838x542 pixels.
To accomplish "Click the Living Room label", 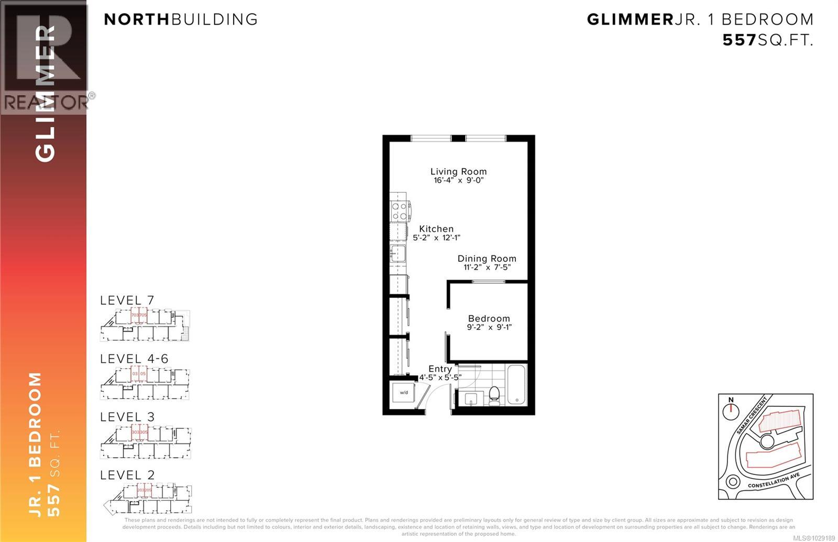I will [458, 171].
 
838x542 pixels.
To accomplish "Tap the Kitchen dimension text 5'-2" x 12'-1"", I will [436, 238].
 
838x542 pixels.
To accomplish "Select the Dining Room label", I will [487, 259].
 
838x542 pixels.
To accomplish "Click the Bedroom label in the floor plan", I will [489, 318].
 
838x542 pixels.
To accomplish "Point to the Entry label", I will [440, 369].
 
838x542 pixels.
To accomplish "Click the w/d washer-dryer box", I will [404, 392].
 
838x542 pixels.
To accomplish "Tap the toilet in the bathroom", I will [494, 395].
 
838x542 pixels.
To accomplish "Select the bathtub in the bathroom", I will [516, 385].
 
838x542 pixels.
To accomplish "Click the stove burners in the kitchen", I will [400, 211].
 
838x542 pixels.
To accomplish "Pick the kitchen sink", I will [398, 253].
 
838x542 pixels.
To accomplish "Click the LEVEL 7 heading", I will [127, 301].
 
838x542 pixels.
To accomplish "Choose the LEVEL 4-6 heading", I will [134, 359].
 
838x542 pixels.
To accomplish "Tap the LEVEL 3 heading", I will [127, 417].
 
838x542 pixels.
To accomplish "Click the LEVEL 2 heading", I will [127, 475].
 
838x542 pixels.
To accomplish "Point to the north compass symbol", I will [731, 410].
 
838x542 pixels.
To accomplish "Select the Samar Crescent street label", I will [751, 415].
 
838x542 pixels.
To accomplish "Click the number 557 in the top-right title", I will [740, 40].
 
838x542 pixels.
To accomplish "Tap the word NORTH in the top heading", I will [137, 19].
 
